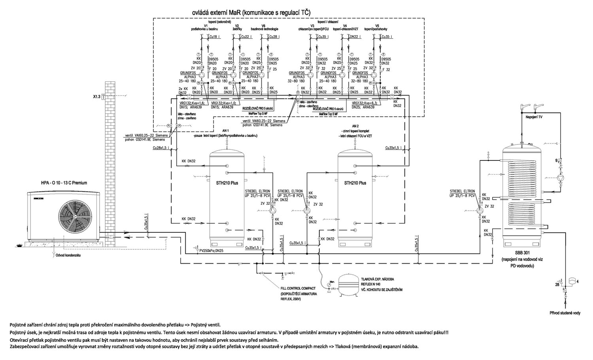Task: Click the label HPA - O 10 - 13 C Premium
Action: tap(64, 183)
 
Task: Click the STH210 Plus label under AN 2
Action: tap(355, 183)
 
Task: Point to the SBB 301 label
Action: tap(518, 253)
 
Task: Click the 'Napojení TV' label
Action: tap(534, 117)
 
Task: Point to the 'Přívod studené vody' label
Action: tap(565, 313)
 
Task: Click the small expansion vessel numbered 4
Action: tap(572, 281)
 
